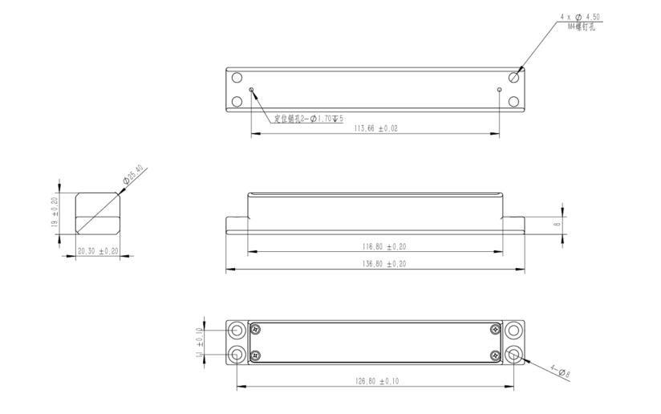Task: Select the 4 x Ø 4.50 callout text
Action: pos(581,17)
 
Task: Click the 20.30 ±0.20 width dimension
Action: pos(96,250)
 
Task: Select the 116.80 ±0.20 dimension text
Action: pos(377,246)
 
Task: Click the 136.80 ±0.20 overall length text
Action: pos(377,264)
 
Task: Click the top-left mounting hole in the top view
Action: pos(237,78)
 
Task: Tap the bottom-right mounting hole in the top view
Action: pos(516,101)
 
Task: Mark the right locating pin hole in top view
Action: pos(500,89)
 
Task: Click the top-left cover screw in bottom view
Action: pos(256,329)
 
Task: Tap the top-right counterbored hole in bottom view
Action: pos(514,330)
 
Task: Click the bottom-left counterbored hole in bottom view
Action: pos(237,354)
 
